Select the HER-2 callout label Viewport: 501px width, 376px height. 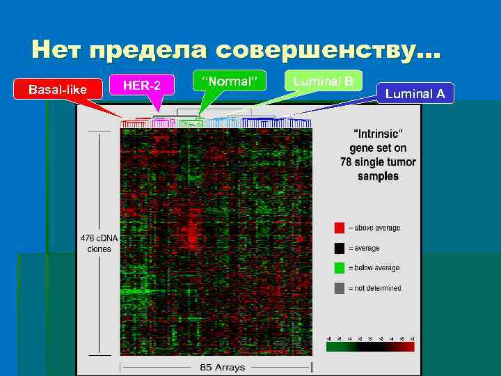pyautogui.click(x=141, y=86)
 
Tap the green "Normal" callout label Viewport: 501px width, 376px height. pyautogui.click(x=229, y=82)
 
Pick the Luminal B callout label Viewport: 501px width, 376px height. pyautogui.click(x=323, y=82)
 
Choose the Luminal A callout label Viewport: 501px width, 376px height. pyautogui.click(x=415, y=93)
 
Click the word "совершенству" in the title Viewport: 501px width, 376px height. pyautogui.click(x=328, y=50)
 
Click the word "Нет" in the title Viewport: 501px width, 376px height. pyautogui.click(x=58, y=50)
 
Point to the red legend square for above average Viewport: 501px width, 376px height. pyautogui.click(x=339, y=228)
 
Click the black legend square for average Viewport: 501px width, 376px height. pyautogui.click(x=339, y=248)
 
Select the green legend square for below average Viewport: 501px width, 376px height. pyautogui.click(x=339, y=267)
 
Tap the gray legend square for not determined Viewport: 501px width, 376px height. pyautogui.click(x=339, y=288)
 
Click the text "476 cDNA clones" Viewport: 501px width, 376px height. pyautogui.click(x=100, y=243)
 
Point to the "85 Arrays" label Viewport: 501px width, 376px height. pyautogui.click(x=216, y=367)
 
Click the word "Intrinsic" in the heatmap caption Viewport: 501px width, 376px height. pyautogui.click(x=377, y=133)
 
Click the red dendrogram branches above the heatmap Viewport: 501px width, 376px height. pyautogui.click(x=134, y=123)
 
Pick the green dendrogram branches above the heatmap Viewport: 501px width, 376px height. pyautogui.click(x=189, y=123)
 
